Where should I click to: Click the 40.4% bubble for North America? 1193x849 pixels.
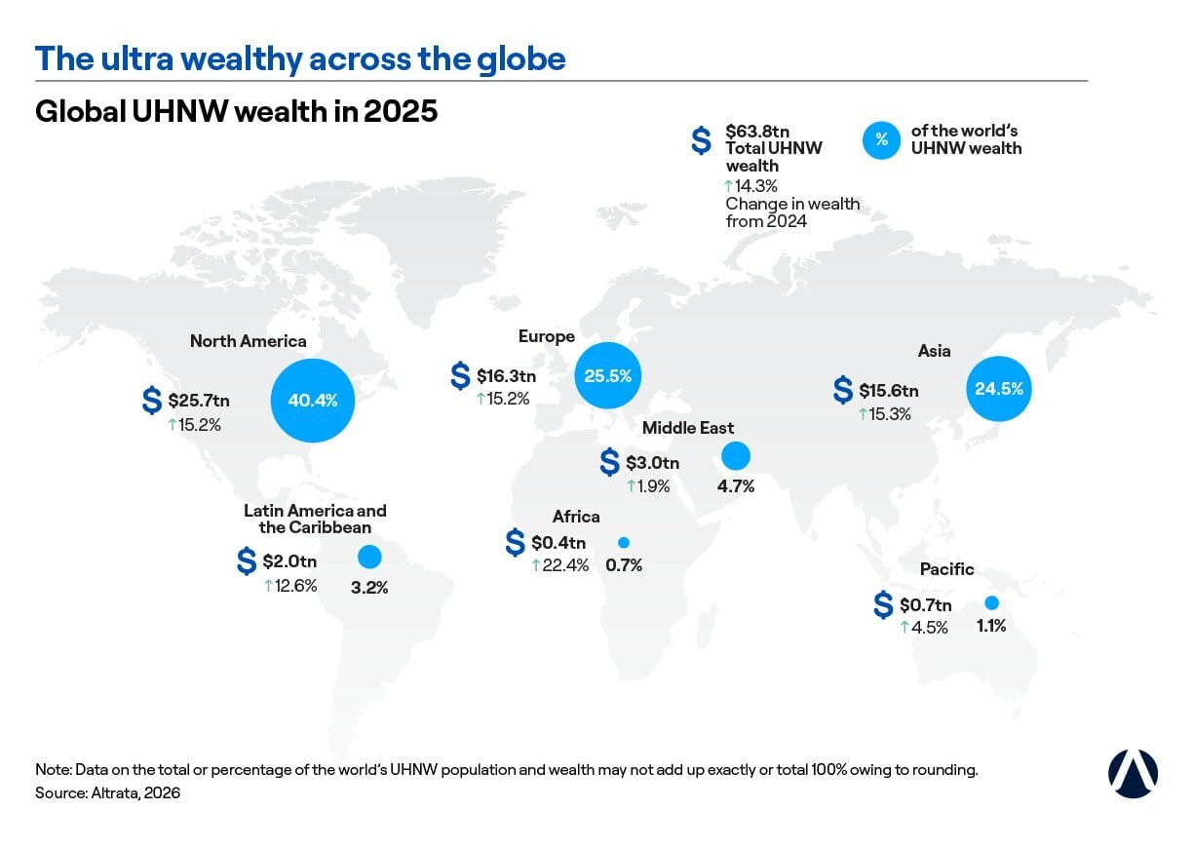(313, 401)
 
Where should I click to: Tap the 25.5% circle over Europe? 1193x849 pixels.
(607, 375)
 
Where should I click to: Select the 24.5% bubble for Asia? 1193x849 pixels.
(999, 389)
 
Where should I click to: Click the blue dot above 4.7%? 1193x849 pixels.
(736, 456)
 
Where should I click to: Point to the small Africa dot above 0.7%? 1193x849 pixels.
(624, 543)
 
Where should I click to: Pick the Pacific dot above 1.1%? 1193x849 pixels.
(991, 603)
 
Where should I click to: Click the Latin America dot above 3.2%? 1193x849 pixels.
(369, 558)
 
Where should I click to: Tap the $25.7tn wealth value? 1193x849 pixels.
(199, 401)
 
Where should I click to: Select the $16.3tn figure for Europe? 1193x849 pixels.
(506, 376)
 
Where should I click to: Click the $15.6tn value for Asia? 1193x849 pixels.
(888, 391)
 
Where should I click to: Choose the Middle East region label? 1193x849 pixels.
(687, 428)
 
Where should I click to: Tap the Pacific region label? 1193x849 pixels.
(947, 569)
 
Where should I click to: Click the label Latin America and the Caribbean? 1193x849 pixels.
(315, 519)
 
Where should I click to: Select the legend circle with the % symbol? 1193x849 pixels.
(881, 140)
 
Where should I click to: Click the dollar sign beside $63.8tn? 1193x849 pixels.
(701, 140)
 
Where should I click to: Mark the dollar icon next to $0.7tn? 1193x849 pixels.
(883, 605)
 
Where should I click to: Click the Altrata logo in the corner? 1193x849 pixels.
(1133, 774)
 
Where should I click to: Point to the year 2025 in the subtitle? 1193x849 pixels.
(401, 112)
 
